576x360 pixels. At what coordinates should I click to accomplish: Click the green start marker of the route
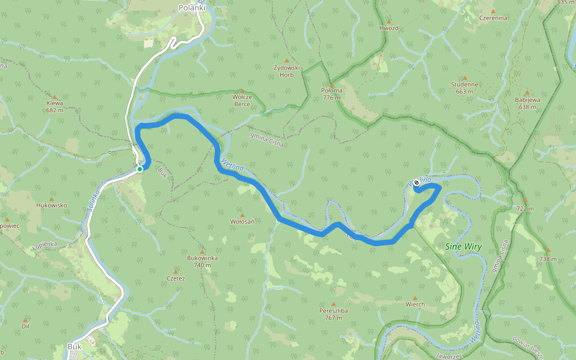click(x=140, y=169)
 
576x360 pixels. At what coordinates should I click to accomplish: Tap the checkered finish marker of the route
click(x=416, y=182)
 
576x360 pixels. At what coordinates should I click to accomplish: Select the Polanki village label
click(x=192, y=8)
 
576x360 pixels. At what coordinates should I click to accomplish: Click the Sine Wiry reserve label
click(x=464, y=247)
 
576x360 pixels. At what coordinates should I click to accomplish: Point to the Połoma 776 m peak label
click(x=332, y=94)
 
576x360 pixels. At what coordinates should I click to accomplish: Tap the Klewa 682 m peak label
click(x=55, y=106)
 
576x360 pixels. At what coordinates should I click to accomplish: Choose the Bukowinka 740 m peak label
click(x=202, y=261)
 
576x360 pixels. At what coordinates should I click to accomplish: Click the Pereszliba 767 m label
click(x=334, y=314)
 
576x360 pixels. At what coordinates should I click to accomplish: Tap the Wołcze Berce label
click(x=242, y=100)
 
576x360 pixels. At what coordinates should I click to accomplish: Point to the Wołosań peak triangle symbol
click(x=242, y=215)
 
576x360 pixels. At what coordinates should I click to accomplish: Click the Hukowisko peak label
click(x=52, y=205)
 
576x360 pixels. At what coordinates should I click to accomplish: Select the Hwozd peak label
click(x=389, y=28)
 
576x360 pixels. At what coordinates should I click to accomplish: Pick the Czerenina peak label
click(x=493, y=18)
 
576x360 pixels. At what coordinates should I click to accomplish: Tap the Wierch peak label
click(x=415, y=304)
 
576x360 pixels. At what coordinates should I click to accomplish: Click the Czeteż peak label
click(x=176, y=278)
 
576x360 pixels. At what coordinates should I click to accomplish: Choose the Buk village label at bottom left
click(x=74, y=347)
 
